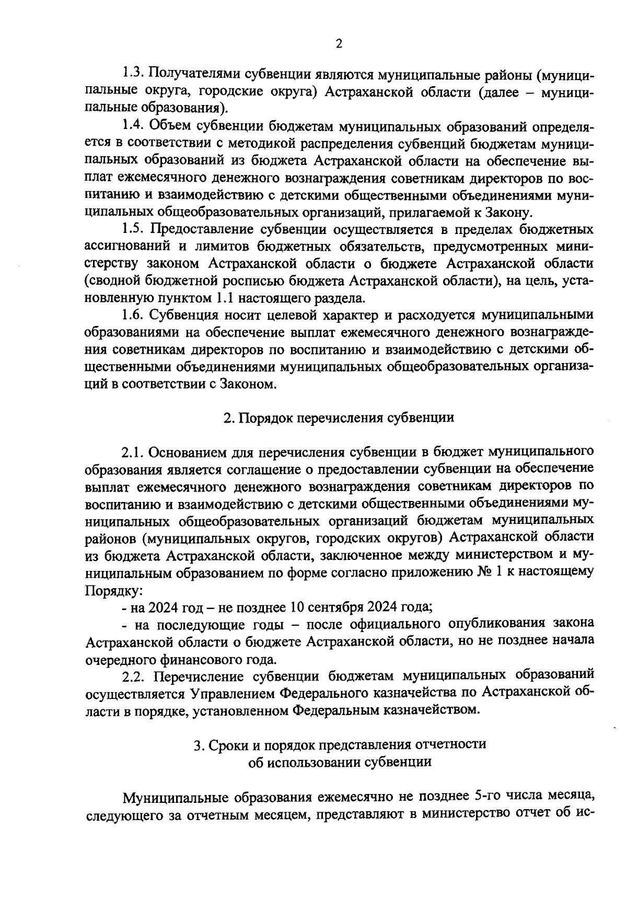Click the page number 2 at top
click(339, 44)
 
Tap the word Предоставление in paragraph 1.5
click(201, 229)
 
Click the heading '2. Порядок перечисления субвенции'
click(339, 417)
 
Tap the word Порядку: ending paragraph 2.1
click(113, 589)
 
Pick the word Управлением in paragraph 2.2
click(232, 693)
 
